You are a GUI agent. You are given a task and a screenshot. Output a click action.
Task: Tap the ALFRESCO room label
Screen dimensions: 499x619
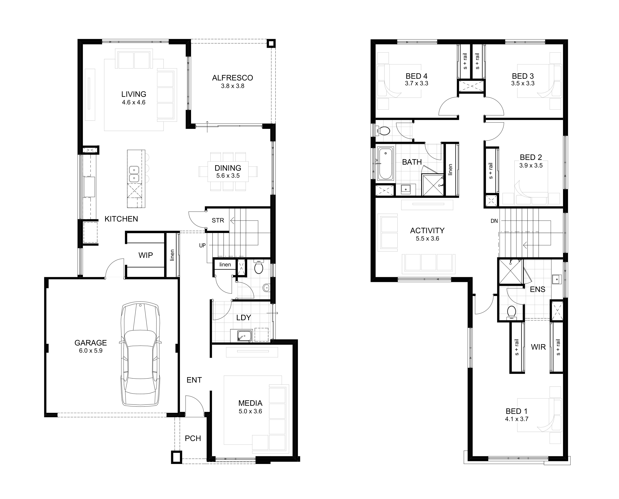pos(232,78)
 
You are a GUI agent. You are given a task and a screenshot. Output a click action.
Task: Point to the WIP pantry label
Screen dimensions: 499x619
pos(145,255)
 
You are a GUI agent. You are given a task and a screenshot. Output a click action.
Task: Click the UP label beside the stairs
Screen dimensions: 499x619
pos(202,245)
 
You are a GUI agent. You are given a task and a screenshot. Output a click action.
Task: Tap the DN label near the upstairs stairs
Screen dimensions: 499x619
pos(494,221)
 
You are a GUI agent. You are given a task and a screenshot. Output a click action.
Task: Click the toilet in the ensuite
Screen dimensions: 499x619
pos(511,313)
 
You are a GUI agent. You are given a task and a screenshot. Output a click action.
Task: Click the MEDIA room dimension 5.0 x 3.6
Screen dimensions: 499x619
pos(250,411)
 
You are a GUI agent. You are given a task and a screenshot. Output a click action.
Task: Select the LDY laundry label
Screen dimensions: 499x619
pos(243,318)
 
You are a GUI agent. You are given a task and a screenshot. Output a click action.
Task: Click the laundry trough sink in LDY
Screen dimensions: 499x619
pos(244,335)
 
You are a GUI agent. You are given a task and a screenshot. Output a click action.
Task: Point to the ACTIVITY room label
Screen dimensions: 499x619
pos(427,231)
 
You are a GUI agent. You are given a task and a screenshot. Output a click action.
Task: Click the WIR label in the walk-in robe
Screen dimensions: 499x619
pos(538,347)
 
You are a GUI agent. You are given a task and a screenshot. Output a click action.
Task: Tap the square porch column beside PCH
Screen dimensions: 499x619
pos(177,457)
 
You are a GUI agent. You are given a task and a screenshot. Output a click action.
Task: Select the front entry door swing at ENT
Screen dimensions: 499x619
pos(194,406)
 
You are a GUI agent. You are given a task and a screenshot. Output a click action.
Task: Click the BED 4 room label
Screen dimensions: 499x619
pos(416,76)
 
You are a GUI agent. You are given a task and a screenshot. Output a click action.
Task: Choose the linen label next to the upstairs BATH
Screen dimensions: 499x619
pos(450,170)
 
